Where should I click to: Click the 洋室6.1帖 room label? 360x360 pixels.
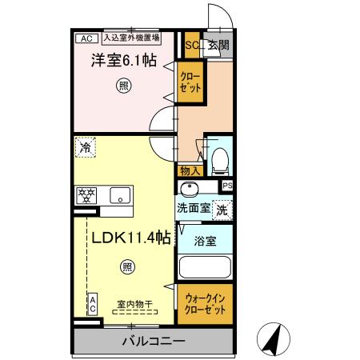[122, 60]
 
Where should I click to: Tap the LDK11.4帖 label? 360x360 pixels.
[128, 237]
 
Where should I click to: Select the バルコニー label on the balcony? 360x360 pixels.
[154, 342]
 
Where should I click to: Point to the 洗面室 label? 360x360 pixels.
[193, 207]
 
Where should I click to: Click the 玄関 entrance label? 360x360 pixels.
[218, 45]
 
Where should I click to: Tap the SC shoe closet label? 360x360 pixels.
[192, 45]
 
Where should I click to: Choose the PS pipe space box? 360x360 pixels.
[227, 186]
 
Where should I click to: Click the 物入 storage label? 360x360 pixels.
[190, 170]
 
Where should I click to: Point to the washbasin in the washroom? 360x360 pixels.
[189, 190]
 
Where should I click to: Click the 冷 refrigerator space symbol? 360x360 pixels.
[85, 146]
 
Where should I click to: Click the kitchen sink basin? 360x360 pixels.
[120, 194]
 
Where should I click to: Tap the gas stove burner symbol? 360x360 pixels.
[86, 194]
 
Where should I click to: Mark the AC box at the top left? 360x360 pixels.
[86, 38]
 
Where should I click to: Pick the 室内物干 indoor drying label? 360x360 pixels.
[134, 303]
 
